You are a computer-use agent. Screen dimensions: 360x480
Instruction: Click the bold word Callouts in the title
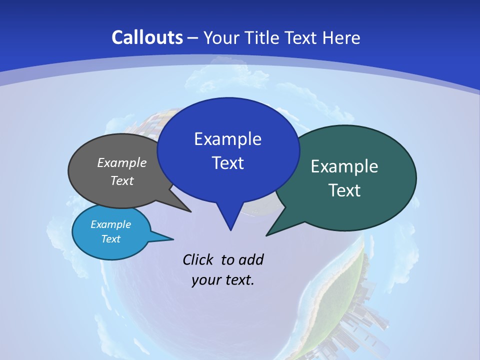click(x=147, y=38)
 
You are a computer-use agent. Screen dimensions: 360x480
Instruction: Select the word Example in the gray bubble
click(x=122, y=163)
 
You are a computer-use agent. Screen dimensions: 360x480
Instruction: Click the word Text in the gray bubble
click(x=122, y=180)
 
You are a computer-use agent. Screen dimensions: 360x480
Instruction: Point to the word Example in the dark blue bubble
click(x=227, y=139)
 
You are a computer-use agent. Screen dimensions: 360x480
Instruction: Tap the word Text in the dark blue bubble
click(x=227, y=163)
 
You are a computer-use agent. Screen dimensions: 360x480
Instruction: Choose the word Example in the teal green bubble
click(x=344, y=166)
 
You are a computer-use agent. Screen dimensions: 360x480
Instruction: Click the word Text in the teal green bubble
click(x=344, y=190)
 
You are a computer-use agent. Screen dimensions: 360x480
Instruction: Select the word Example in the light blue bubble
click(x=111, y=224)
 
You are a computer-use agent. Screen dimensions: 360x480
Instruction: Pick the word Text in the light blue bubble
click(x=111, y=239)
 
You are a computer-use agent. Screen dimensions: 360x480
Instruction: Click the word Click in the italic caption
click(x=198, y=260)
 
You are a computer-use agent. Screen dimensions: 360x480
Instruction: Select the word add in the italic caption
click(x=250, y=260)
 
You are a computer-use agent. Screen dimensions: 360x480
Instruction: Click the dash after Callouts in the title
click(x=193, y=38)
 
